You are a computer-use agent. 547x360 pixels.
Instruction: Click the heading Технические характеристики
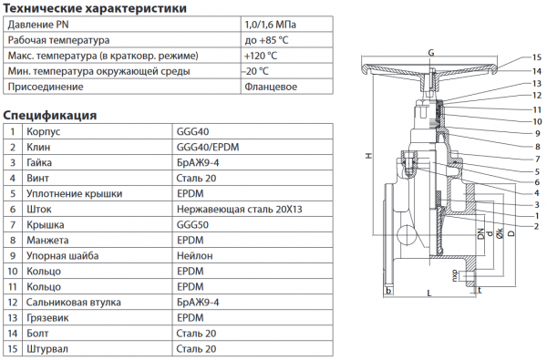(95, 7)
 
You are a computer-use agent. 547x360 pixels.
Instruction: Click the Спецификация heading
(49, 115)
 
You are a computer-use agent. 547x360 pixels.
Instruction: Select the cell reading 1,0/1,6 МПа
(271, 25)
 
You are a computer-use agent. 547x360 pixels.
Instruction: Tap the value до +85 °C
(266, 40)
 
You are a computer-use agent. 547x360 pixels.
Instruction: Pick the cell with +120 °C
(261, 56)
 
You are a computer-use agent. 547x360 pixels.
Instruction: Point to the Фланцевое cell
(271, 87)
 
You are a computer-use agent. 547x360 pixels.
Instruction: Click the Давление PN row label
(38, 25)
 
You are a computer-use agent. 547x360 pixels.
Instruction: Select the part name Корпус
(43, 131)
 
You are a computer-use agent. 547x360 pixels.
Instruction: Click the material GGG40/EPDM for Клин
(208, 147)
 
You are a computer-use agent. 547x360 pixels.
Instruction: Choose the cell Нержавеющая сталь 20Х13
(239, 210)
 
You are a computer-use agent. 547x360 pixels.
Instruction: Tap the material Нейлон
(195, 256)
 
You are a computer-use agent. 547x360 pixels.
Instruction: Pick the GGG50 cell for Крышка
(192, 224)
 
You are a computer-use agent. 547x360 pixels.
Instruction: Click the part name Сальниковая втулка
(74, 302)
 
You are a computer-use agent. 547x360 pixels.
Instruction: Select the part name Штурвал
(47, 349)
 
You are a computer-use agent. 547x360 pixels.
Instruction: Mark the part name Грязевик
(47, 318)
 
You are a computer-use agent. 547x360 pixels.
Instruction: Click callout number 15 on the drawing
(537, 57)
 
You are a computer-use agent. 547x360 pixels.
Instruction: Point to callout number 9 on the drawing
(537, 133)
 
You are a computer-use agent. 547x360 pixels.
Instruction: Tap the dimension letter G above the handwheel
(431, 53)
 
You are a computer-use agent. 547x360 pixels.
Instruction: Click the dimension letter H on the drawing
(368, 156)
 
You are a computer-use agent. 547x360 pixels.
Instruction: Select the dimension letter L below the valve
(429, 293)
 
